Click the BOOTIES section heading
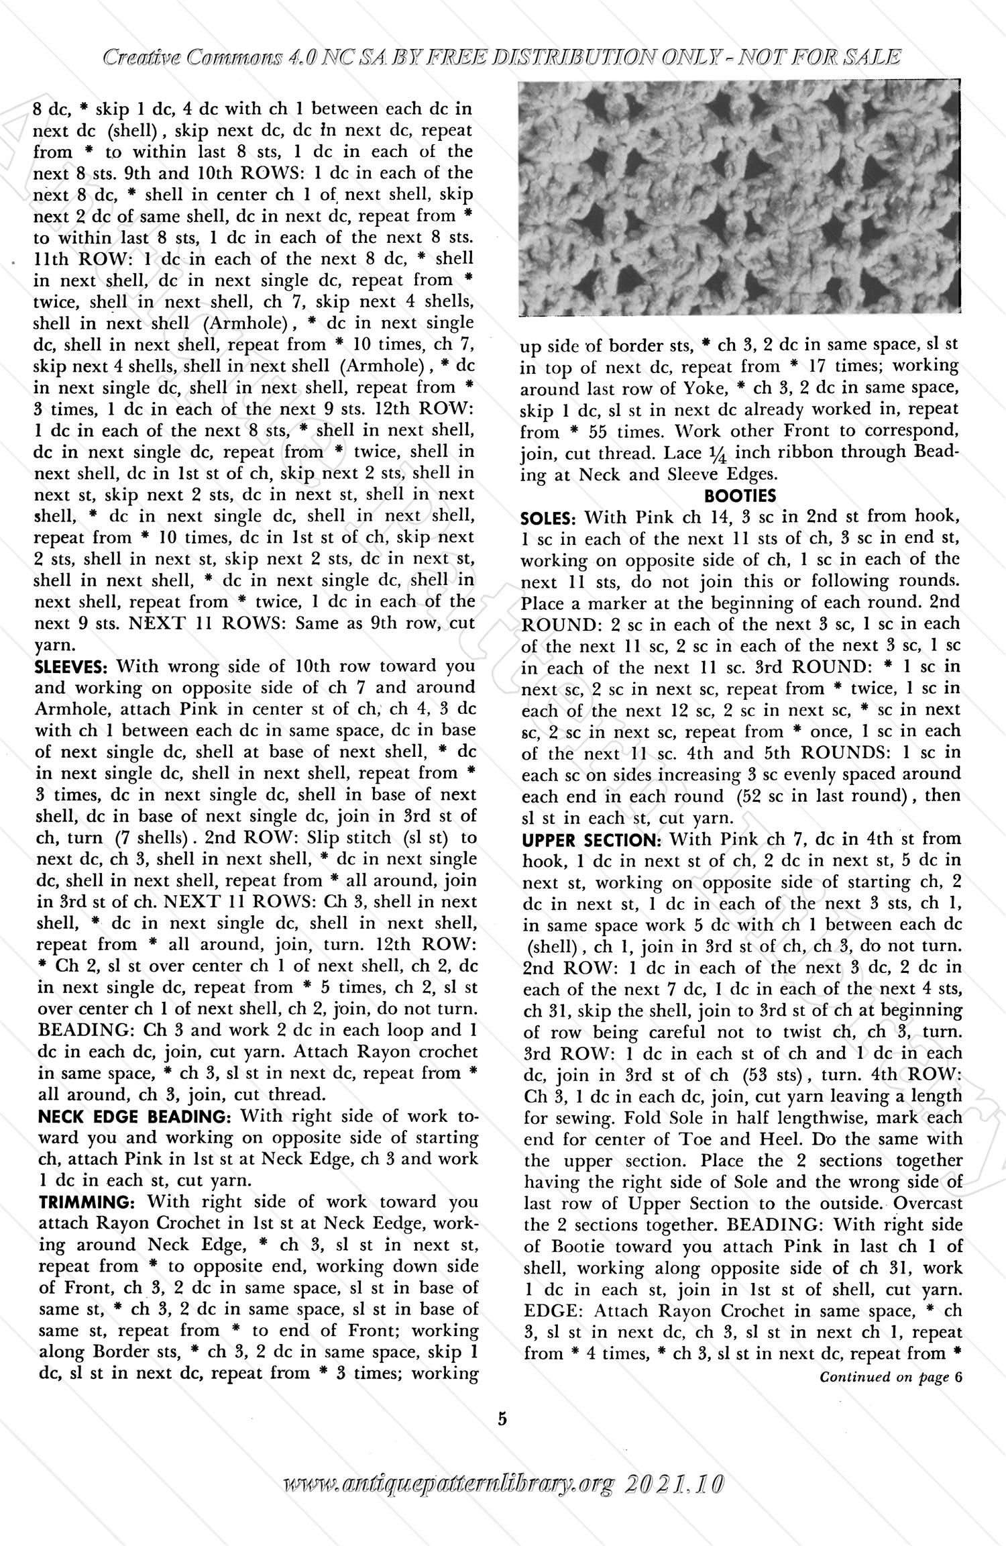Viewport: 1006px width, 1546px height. tap(740, 497)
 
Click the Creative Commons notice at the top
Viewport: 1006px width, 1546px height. tap(502, 58)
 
